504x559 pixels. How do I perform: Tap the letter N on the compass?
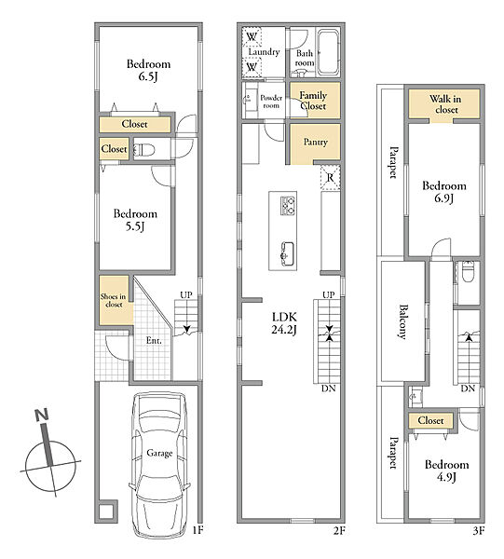[x=42, y=415]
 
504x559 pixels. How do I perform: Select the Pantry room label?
[x=316, y=142]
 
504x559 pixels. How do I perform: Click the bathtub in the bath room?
[x=328, y=51]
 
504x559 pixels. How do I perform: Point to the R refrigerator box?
[x=331, y=177]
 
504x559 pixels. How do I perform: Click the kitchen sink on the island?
[x=287, y=253]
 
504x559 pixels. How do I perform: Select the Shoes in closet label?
[x=114, y=300]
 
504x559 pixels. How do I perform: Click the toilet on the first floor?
[x=144, y=150]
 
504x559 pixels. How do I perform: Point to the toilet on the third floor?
[x=468, y=272]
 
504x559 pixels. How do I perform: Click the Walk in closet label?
[x=445, y=104]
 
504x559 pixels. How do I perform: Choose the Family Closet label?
[x=313, y=101]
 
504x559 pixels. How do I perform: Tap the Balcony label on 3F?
[x=402, y=321]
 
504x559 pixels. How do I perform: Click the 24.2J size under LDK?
[x=284, y=330]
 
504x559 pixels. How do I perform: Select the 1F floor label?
[x=198, y=530]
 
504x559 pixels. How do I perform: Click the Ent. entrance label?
[x=154, y=340]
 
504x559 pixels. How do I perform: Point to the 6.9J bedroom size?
[x=443, y=198]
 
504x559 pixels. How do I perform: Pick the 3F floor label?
[x=479, y=531]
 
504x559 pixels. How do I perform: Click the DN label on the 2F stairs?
[x=328, y=389]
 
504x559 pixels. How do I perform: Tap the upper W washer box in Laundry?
[x=252, y=36]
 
